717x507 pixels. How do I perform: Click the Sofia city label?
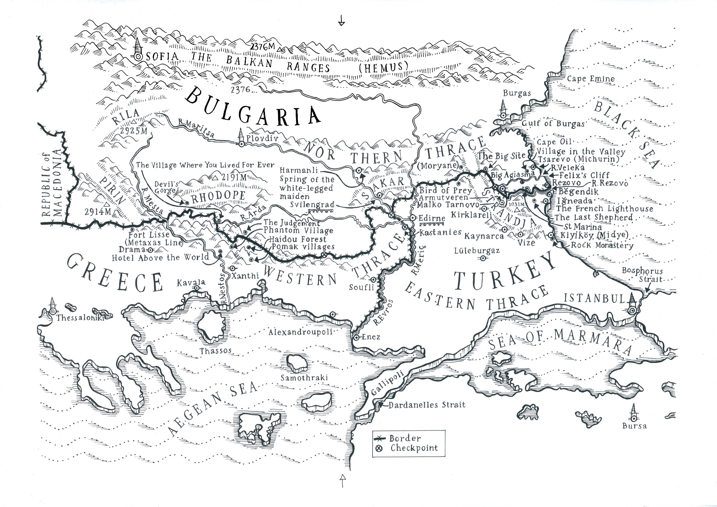(162, 57)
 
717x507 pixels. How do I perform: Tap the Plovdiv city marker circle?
(241, 144)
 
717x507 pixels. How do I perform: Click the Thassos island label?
(216, 351)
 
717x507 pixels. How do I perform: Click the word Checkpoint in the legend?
(414, 448)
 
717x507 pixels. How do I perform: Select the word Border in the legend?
(405, 438)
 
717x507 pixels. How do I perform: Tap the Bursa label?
(634, 426)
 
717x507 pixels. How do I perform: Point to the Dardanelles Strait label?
(427, 405)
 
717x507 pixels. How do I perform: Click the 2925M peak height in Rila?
(134, 131)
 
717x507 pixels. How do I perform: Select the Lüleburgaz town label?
(477, 251)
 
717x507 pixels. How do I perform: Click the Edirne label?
(432, 218)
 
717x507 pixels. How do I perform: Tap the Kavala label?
(191, 283)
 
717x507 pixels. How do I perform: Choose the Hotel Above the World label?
(160, 258)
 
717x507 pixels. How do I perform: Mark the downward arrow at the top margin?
(342, 21)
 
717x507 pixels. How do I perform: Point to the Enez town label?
(371, 337)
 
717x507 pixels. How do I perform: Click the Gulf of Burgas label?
(553, 123)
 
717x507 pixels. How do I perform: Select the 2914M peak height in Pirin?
(98, 212)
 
